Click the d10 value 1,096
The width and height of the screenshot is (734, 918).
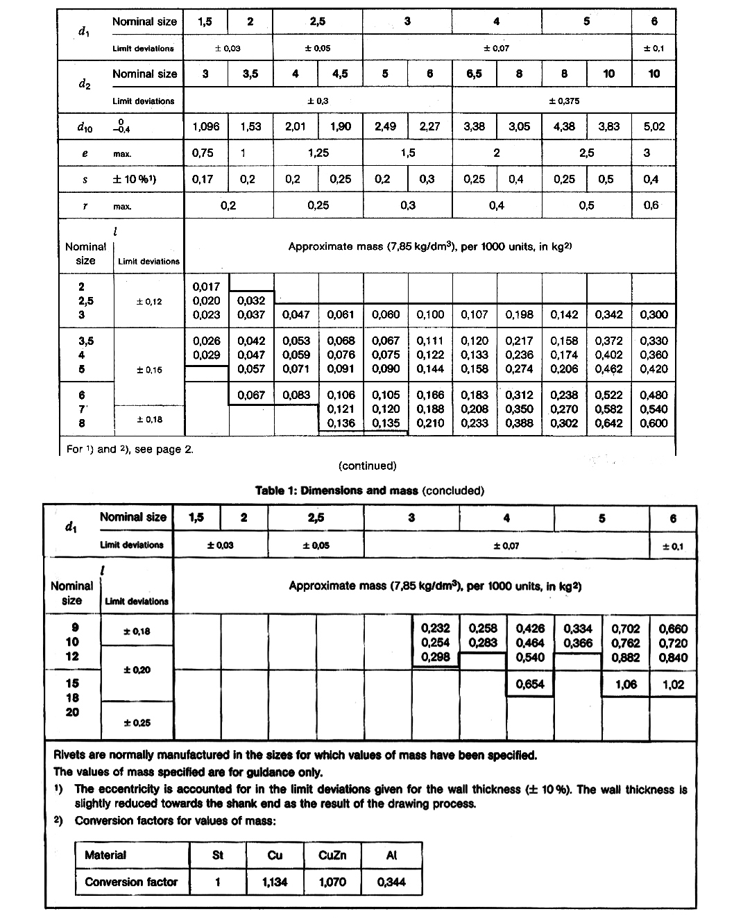[205, 126]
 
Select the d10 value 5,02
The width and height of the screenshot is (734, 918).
[654, 126]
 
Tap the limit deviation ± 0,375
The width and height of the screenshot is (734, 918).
[564, 101]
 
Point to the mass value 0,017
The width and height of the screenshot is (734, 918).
[206, 287]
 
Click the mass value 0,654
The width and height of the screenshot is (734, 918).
[530, 684]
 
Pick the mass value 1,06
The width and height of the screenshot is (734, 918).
[626, 684]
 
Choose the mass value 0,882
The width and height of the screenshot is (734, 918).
[626, 657]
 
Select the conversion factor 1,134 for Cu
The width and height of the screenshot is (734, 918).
[275, 882]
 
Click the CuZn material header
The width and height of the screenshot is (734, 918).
[332, 855]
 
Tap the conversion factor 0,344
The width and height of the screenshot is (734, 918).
[391, 882]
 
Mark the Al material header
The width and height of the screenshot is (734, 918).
[391, 855]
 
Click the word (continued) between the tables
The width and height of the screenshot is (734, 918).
[368, 466]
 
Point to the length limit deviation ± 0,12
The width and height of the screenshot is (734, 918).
[148, 301]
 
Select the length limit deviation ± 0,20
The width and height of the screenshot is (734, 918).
[137, 670]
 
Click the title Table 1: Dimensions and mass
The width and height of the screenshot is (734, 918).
[336, 491]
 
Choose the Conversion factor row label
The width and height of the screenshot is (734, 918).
[131, 882]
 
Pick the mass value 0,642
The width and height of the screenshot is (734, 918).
[608, 423]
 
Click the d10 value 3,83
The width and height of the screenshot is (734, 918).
[608, 126]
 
